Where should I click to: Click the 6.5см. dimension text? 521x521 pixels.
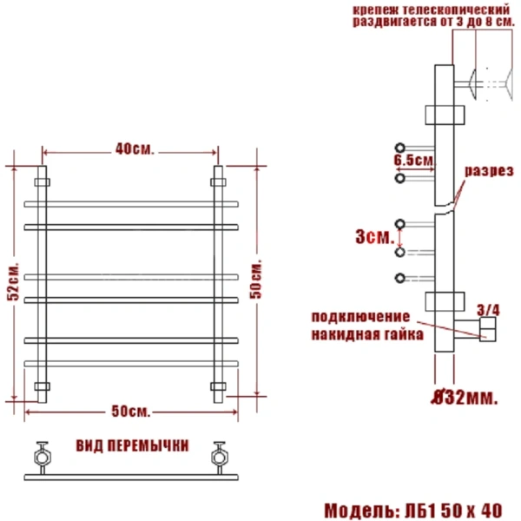pos(413,162)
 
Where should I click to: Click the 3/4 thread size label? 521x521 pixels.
pos(489,308)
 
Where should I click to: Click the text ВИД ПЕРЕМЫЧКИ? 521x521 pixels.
pos(132,447)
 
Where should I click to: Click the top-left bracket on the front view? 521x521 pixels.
pos(42,182)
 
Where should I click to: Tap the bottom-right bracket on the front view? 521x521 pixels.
pos(218,385)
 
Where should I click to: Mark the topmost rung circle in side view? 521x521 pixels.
pos(400,146)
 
